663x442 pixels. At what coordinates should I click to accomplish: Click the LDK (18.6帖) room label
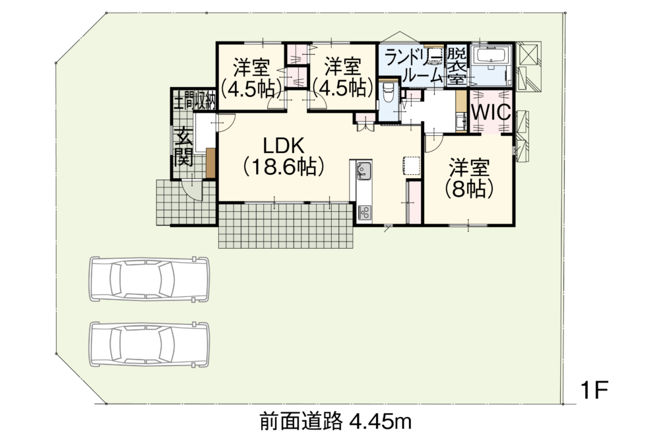283,156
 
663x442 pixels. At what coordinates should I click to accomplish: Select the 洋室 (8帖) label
469,179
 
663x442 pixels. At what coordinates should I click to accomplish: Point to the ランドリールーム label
413,66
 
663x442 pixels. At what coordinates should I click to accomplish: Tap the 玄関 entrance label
184,147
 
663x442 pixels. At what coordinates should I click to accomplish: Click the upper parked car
149,279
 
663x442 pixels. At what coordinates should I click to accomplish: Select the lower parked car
149,344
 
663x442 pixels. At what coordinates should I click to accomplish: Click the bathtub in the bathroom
490,55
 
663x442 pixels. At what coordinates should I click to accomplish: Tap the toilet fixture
388,94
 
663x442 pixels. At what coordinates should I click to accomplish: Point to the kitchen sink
363,171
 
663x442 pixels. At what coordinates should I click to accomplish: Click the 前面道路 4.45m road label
336,422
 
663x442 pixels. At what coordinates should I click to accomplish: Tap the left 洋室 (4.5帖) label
253,78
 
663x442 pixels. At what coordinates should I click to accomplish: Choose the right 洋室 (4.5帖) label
343,78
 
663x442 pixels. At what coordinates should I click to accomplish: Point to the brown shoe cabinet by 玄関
211,163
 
